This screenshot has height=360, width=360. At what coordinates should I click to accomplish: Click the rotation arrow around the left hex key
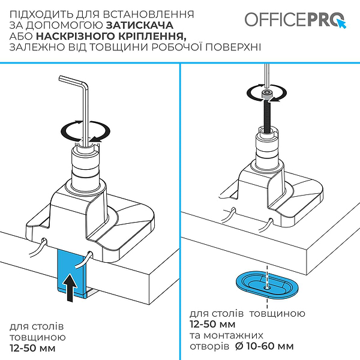click(x=87, y=130)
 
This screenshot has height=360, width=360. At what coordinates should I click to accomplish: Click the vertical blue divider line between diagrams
click(x=179, y=210)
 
